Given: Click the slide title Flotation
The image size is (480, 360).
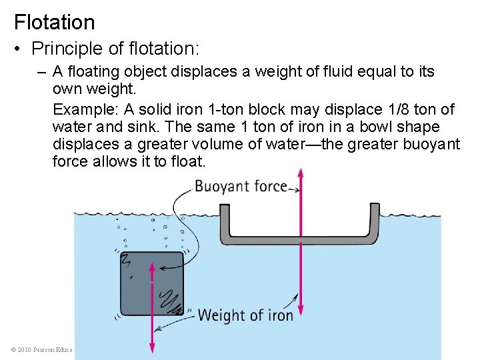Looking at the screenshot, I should coord(55,22).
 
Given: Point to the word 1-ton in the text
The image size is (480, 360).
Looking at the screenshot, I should coord(233,109).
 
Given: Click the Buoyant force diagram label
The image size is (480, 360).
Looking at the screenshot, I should coord(241,187).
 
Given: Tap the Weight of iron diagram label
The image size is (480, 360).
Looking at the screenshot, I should coord(245,315).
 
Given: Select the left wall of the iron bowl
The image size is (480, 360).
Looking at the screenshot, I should coord(225,221).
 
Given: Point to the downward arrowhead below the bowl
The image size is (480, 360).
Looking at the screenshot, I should coord(301,310).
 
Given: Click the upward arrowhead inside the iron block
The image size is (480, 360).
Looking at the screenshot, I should coord(152,268).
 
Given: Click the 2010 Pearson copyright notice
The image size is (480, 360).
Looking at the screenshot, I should coord(41,349).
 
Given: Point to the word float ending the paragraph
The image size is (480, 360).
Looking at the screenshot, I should coord(187,161).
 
